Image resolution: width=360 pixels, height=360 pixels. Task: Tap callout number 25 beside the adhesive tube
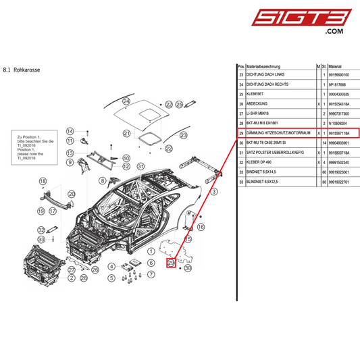coord(180,105)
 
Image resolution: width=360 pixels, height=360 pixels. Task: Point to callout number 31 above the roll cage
coord(140,166)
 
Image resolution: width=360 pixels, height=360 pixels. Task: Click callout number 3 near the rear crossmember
coord(214,192)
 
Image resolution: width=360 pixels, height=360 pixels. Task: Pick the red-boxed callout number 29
coord(171,262)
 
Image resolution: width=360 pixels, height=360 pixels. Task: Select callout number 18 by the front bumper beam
coord(43,182)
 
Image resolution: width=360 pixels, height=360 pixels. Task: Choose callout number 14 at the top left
coord(69,130)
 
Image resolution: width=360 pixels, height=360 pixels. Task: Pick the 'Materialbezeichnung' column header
coord(265,67)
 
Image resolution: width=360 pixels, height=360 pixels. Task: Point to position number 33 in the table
coord(241,172)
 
